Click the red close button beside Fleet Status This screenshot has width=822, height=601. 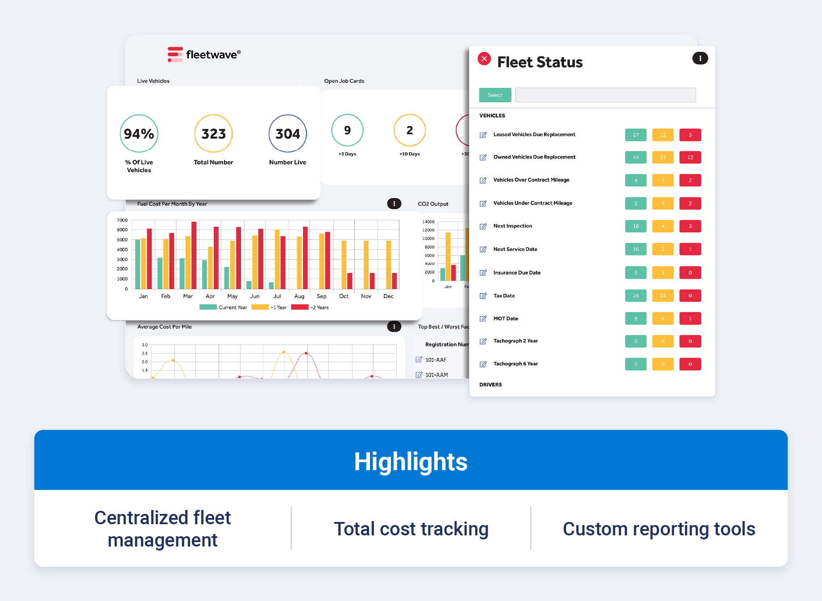click(x=484, y=59)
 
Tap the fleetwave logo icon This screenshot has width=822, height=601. click(x=175, y=54)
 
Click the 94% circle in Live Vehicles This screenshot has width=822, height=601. click(x=139, y=134)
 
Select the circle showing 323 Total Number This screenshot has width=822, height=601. click(x=213, y=134)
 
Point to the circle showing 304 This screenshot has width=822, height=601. click(x=287, y=134)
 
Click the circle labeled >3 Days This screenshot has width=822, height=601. click(x=347, y=130)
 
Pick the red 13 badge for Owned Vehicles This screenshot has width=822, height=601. click(x=690, y=157)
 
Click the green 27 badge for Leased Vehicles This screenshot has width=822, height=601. click(x=635, y=135)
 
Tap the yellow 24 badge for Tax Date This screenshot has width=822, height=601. click(x=663, y=296)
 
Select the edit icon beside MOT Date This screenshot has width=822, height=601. click(x=483, y=319)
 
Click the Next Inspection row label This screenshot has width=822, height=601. click(x=512, y=226)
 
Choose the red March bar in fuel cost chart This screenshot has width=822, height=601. click(x=194, y=255)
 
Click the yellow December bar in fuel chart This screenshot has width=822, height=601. click(x=388, y=264)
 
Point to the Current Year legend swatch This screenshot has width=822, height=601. click(x=208, y=307)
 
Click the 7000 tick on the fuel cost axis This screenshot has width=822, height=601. click(x=122, y=220)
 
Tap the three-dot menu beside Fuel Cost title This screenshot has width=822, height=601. click(x=394, y=204)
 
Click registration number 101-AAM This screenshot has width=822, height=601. click(x=436, y=375)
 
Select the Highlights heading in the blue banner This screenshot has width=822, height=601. click(x=411, y=462)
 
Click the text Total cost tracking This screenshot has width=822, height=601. click(x=411, y=529)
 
